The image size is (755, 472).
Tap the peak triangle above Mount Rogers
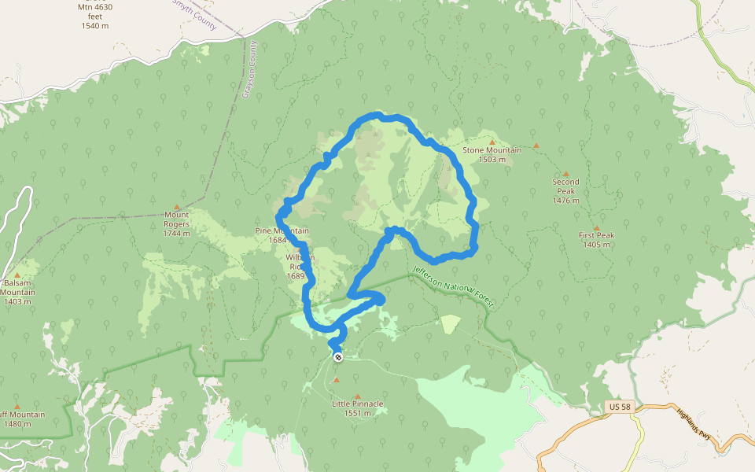[176, 206]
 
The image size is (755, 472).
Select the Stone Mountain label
[492, 150]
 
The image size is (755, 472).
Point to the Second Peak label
[565, 186]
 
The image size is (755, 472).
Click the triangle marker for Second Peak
[565, 173]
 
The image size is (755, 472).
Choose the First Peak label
[597, 235]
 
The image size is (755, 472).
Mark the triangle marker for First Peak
[596, 227]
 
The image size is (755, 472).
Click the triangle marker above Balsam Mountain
[17, 274]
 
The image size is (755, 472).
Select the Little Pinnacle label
[358, 404]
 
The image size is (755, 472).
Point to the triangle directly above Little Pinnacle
[358, 396]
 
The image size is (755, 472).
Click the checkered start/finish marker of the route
[338, 357]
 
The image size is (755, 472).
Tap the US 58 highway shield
[619, 407]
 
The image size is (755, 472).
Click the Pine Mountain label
[282, 230]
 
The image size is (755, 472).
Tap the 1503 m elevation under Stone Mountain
[492, 160]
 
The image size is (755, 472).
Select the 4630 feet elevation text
[94, 17]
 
